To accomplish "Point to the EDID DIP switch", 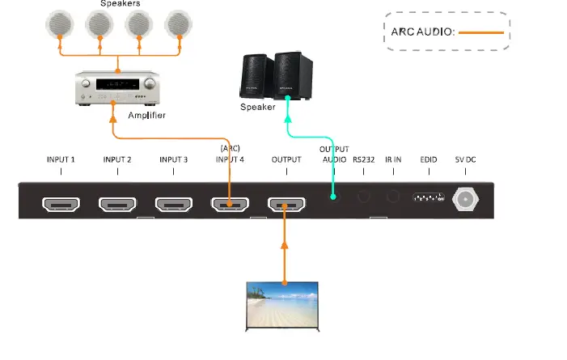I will pos(428,197).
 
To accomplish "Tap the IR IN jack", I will pos(393,196).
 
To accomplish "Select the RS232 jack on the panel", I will pos(363,196).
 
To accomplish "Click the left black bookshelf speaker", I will pos(256,76).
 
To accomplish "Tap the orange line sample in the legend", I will pos(482,32).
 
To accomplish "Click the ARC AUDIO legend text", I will pos(424,32).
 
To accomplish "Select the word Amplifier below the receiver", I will pos(146,116).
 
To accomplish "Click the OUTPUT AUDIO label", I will pos(333,155).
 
